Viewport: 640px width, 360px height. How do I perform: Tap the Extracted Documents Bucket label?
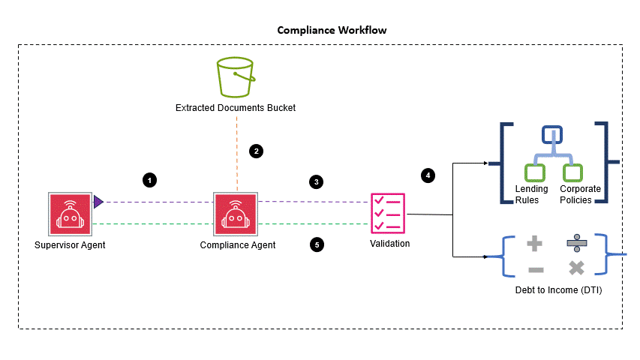[x=236, y=108]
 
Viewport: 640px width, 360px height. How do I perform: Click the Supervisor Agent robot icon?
[x=70, y=213]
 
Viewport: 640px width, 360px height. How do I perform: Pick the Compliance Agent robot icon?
[x=236, y=213]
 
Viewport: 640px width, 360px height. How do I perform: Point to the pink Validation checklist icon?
[x=389, y=213]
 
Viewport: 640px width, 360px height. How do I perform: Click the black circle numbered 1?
[x=150, y=180]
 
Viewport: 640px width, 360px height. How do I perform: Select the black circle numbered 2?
[x=257, y=151]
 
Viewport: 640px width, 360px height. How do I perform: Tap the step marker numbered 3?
[x=317, y=181]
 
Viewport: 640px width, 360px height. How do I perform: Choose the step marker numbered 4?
[x=428, y=175]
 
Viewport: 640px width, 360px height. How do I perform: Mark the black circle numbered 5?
[x=317, y=244]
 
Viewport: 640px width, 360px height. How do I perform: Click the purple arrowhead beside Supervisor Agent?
[x=98, y=201]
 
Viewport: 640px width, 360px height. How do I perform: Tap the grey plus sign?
[x=534, y=244]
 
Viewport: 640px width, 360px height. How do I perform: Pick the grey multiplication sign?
[x=576, y=268]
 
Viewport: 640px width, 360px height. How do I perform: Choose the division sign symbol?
[x=576, y=243]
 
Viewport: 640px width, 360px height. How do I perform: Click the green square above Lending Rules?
[x=534, y=172]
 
